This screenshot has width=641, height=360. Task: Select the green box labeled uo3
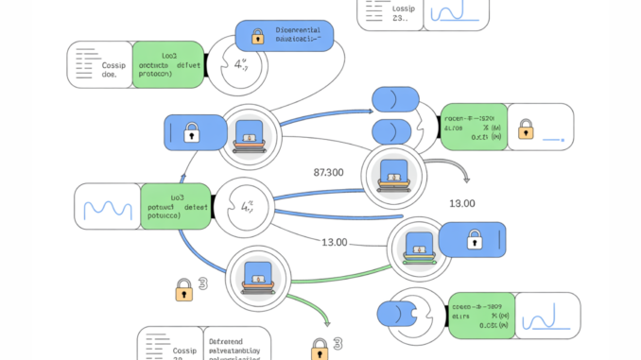click(x=176, y=207)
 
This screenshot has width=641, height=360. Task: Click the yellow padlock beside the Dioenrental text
click(x=256, y=37)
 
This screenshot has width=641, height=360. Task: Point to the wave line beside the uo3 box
click(x=109, y=208)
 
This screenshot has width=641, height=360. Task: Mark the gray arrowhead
click(x=464, y=177)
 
